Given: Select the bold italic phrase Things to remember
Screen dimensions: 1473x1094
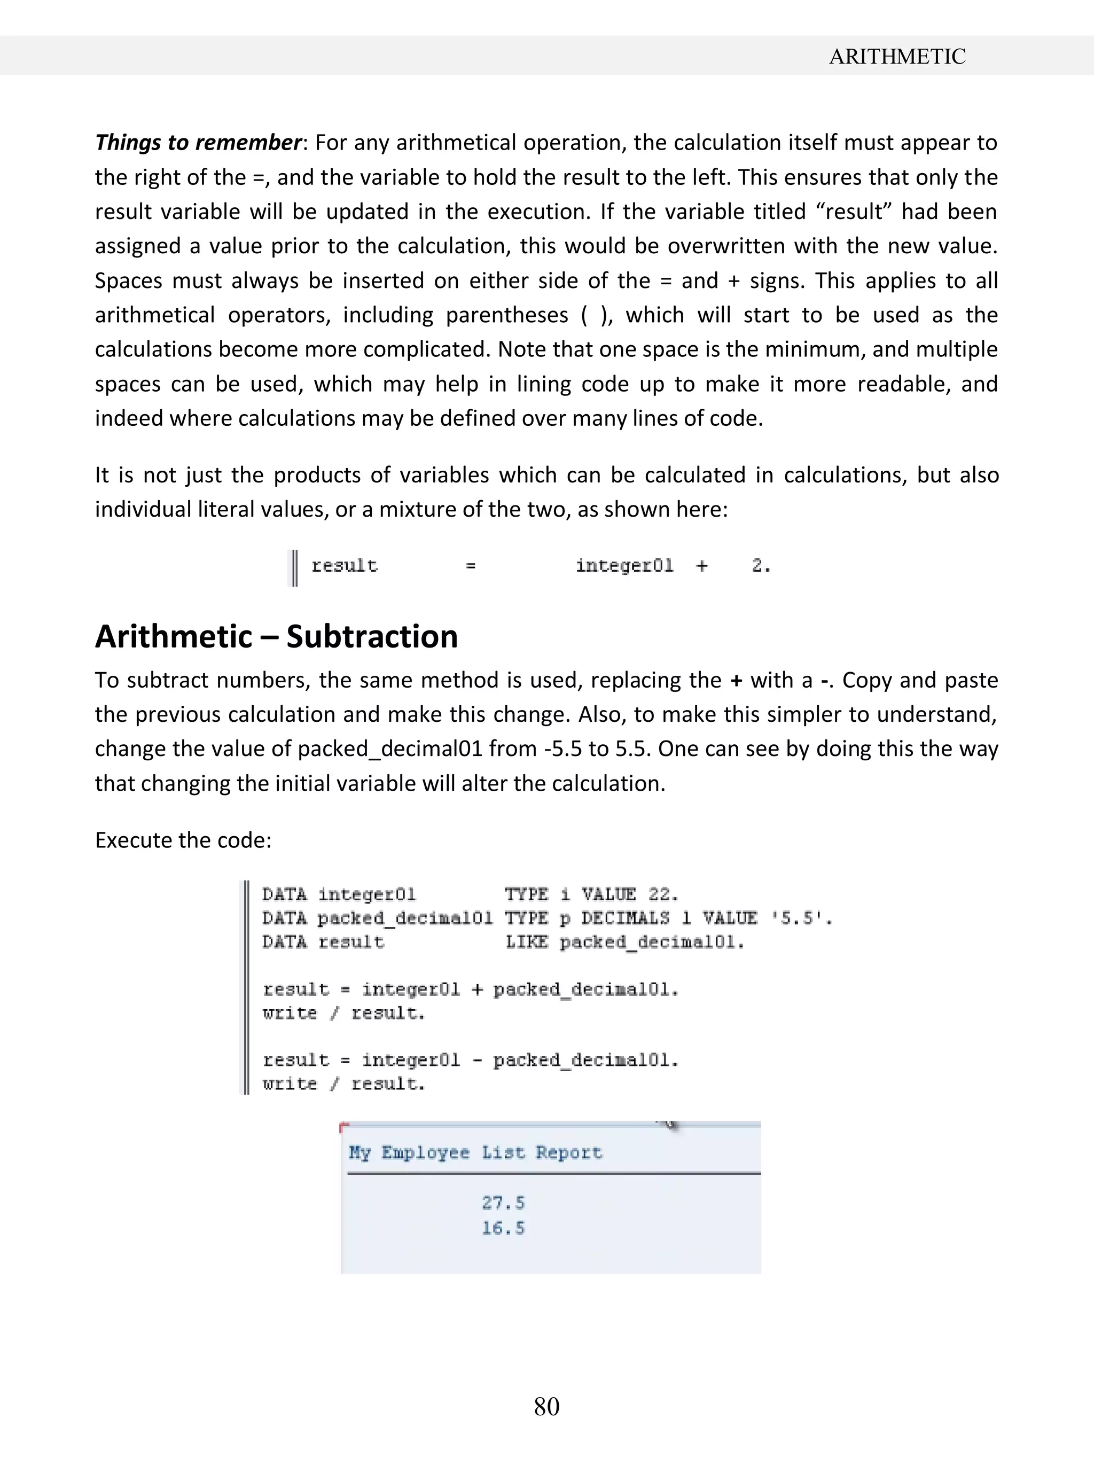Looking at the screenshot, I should pyautogui.click(x=198, y=143).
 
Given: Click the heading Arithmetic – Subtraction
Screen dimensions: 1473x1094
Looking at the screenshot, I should pyautogui.click(x=276, y=636).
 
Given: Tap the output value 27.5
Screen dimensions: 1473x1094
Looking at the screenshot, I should pyautogui.click(x=503, y=1202).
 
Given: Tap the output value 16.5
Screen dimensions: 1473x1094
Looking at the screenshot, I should pyautogui.click(x=503, y=1228).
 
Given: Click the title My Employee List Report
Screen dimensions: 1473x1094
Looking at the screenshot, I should pyautogui.click(x=475, y=1152).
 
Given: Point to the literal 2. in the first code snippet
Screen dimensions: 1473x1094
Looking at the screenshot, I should pyautogui.click(x=761, y=566).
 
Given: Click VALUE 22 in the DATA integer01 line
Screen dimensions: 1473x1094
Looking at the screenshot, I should pyautogui.click(x=629, y=895).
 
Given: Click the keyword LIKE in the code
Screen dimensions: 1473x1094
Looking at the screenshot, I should pyautogui.click(x=527, y=942).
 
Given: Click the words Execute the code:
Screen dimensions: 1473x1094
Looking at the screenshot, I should pyautogui.click(x=183, y=840).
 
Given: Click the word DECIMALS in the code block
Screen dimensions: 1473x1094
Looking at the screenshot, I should pyautogui.click(x=625, y=918).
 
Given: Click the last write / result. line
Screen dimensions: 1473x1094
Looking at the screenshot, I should pyautogui.click(x=343, y=1084).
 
